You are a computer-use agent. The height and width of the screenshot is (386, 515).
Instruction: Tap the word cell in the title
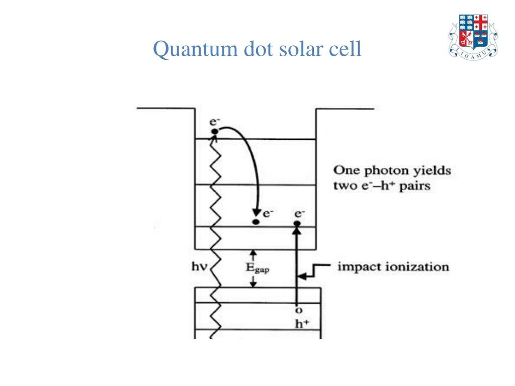pos(346,50)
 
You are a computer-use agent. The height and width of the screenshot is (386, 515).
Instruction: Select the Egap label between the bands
pos(257,268)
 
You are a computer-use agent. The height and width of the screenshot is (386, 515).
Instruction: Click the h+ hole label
pos(300,324)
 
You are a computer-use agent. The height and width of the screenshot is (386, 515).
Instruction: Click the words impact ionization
pos(393,266)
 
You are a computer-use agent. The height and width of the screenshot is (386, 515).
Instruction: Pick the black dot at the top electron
pos(215,132)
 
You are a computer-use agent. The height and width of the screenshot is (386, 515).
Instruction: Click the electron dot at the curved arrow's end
pos(256,222)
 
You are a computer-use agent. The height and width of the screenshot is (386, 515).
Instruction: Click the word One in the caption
pos(346,170)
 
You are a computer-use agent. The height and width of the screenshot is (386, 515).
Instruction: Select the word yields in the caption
pos(432,171)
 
